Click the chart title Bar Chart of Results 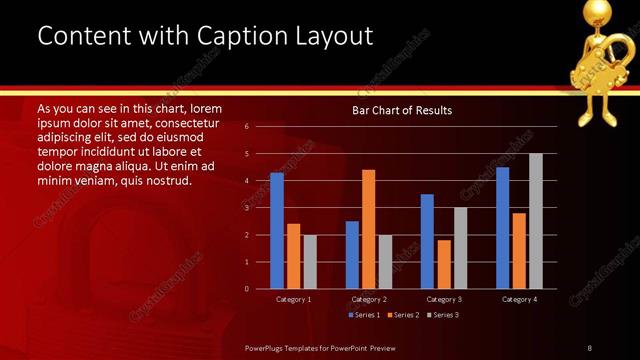(402, 110)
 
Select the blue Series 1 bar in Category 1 (277, 231)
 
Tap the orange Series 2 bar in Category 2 (368, 229)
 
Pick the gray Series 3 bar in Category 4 (535, 221)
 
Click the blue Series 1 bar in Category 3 (427, 241)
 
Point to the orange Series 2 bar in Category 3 (443, 264)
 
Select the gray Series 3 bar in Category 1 (309, 262)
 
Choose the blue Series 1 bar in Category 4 (502, 228)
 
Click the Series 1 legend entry (364, 315)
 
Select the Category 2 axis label (368, 299)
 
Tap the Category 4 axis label (518, 299)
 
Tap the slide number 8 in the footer (589, 347)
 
